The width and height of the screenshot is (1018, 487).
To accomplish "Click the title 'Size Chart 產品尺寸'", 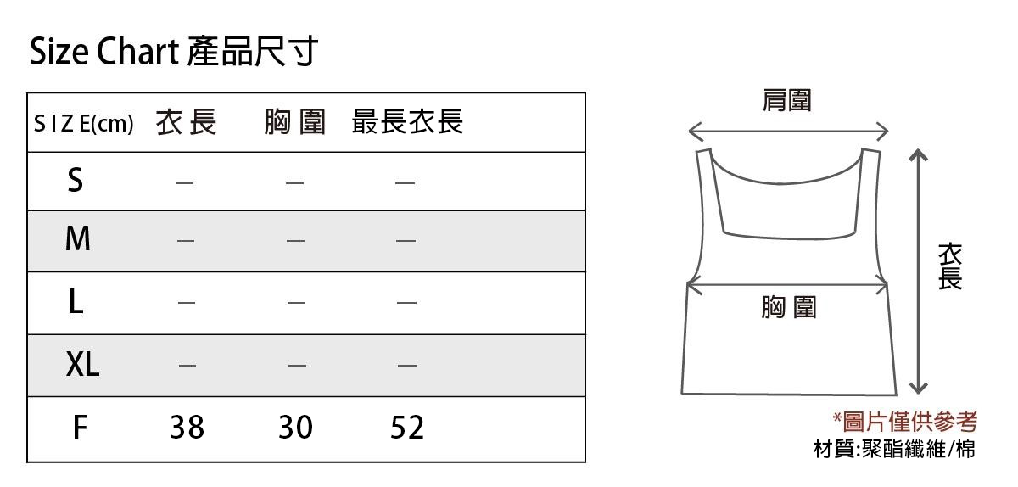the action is coord(174,53).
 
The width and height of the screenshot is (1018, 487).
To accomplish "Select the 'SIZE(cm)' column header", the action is coord(84,124).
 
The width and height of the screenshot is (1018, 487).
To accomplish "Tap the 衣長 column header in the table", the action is coord(187,123).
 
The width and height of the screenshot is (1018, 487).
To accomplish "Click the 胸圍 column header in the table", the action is coord(294,123).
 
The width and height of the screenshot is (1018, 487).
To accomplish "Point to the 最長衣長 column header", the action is coord(407,123).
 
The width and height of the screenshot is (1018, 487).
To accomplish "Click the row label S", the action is coord(76,180).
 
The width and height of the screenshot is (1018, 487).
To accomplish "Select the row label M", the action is coord(77,240).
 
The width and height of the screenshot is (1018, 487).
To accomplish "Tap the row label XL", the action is coord(82,365).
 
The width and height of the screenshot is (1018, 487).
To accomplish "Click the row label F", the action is coord(79,428).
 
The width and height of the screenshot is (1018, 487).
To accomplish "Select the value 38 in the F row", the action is coord(187,428).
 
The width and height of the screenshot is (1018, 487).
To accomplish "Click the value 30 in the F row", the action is coord(296,428).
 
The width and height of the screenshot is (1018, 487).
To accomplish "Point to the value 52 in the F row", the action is coord(407,428).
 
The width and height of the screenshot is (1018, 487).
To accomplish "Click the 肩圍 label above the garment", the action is coord(786,101).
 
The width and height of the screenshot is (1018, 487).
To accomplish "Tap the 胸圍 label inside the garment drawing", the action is coord(788,307).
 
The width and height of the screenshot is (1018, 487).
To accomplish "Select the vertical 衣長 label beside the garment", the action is coord(950,266).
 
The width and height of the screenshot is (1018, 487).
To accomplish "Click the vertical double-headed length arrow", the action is coord(917,271).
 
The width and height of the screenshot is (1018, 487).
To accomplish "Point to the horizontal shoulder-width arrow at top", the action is coord(788,132).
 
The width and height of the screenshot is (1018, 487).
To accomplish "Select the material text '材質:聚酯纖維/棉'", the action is coord(894,448).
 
